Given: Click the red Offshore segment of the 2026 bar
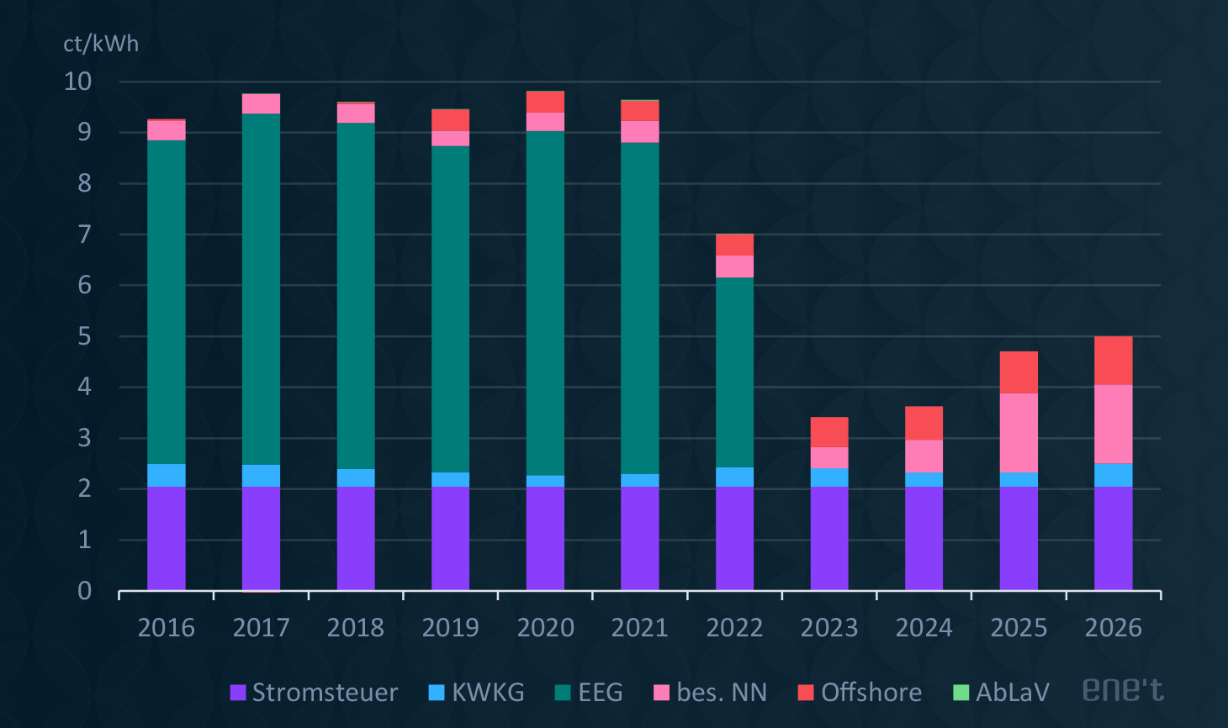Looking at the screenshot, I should point(1113,361).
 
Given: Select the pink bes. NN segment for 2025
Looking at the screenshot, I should point(1019,433).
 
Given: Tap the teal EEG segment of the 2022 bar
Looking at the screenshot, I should point(734,372).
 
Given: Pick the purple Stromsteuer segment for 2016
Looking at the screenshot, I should point(167,538).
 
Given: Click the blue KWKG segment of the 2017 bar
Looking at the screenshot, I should point(261,476).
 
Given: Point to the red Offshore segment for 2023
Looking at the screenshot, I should point(829,432).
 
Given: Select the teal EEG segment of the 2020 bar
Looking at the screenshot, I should point(545,303).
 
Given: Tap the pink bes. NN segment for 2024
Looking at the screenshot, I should point(924,456).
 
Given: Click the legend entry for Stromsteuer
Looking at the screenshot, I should point(314,693).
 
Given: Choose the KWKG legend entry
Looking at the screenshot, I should point(477,693).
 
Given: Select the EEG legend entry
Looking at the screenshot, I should point(589,693).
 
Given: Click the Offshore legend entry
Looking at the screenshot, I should point(860,693).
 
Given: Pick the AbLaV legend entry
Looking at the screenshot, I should point(1001,693).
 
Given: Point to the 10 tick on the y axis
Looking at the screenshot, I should point(78,82).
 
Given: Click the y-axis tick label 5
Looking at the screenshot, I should point(84,336).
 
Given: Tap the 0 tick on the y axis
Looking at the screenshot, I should point(84,591).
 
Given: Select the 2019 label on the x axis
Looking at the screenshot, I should point(450,628).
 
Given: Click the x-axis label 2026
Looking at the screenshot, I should point(1113,628).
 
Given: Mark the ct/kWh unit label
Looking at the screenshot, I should point(101,44).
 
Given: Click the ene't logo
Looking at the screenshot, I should point(1123,690).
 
